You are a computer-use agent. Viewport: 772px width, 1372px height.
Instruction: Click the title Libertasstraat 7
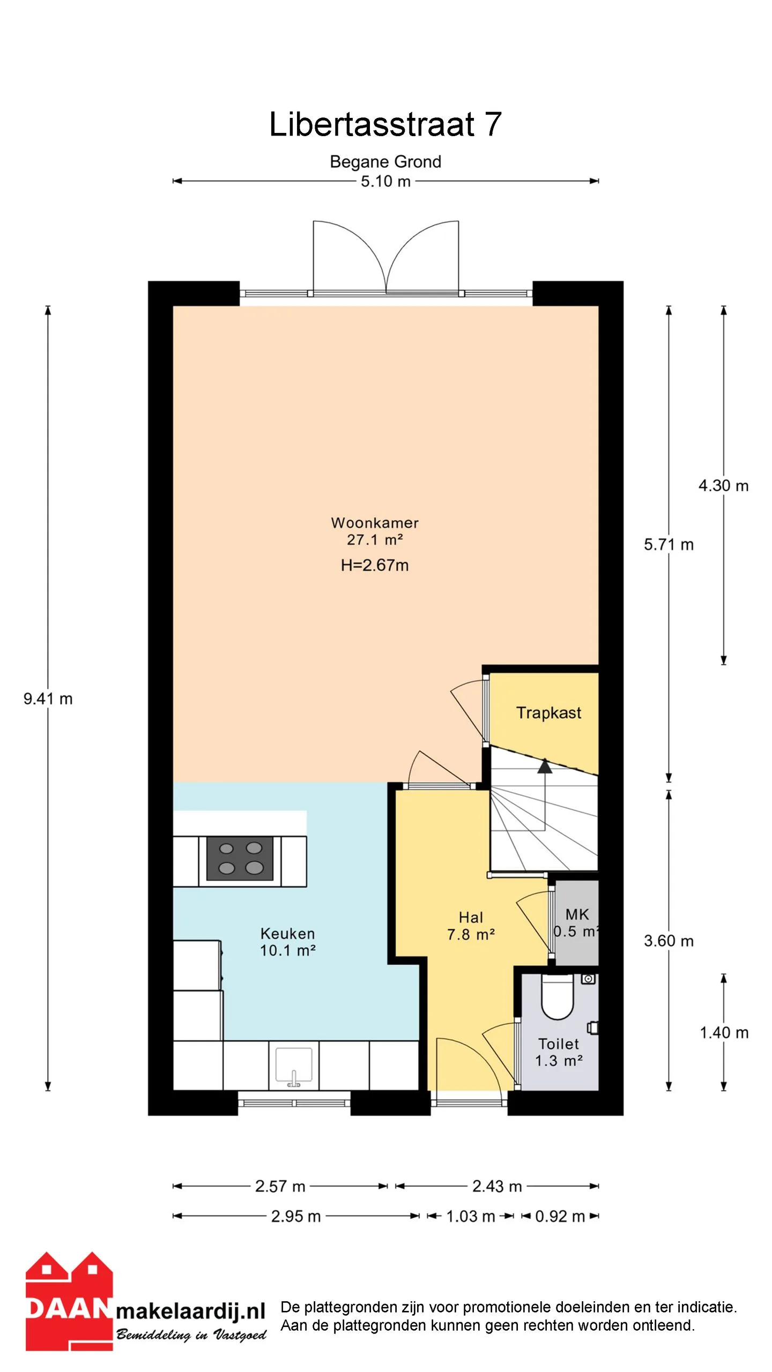(385, 124)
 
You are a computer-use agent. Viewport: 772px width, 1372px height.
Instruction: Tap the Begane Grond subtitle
(385, 161)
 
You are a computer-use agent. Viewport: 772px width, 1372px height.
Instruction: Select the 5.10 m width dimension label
(385, 181)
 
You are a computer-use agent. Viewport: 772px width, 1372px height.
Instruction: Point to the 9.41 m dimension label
(48, 698)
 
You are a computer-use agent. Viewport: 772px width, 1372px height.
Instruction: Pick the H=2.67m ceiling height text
(375, 565)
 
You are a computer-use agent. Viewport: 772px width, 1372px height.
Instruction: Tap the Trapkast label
(548, 713)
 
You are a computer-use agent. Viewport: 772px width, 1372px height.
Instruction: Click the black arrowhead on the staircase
(545, 766)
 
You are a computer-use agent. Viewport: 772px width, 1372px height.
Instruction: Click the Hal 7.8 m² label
(471, 926)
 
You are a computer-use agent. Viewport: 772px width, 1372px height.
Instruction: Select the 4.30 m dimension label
(723, 486)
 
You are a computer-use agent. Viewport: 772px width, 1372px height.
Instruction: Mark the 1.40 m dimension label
(724, 1033)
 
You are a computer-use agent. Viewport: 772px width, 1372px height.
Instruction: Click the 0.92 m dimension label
(560, 1217)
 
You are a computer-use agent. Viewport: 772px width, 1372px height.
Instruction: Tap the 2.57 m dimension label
(280, 1187)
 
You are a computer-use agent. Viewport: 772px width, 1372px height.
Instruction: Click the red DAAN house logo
(69, 1301)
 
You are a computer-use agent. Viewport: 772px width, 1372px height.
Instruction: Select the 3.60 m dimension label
(669, 941)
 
